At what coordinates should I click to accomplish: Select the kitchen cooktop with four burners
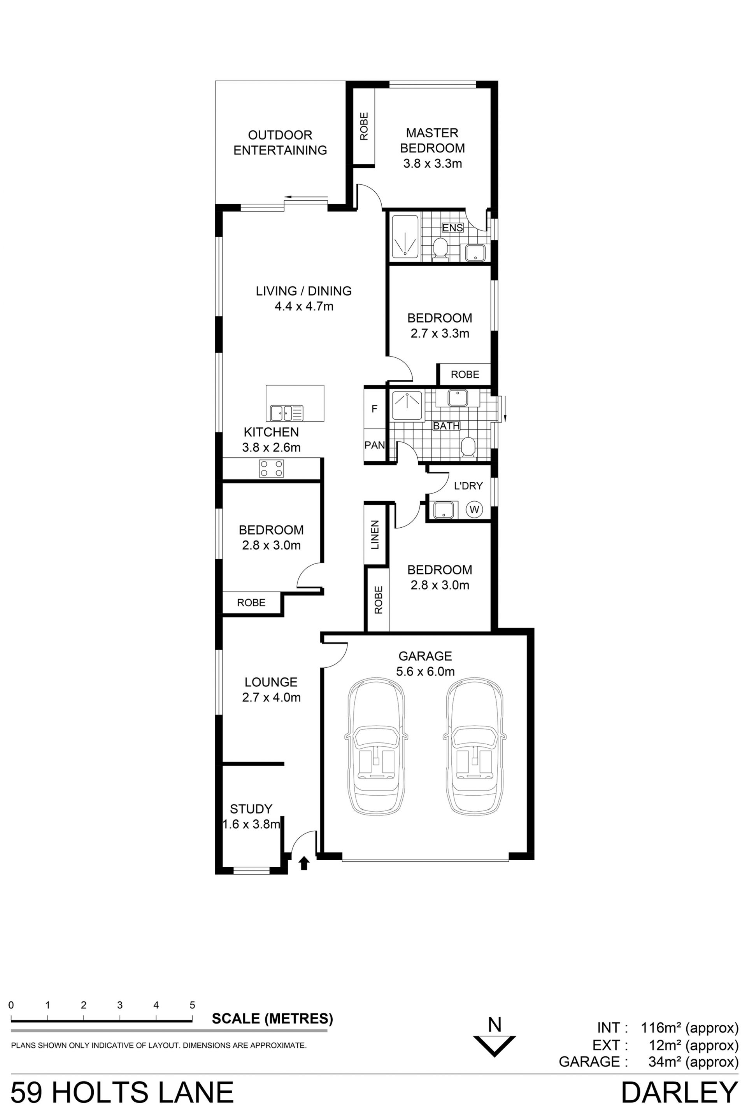pos(271,468)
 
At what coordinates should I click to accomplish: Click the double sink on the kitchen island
pos(286,413)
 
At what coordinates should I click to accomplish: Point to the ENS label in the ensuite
pos(452,227)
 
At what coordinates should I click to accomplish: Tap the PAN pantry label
pos(374,445)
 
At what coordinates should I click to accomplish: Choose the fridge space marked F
pos(374,409)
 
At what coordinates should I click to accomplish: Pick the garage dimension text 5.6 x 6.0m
pos(425,672)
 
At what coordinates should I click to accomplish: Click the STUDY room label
pos(251,808)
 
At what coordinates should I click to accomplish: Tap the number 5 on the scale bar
pos(193,1005)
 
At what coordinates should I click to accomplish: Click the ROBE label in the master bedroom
pos(365,126)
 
